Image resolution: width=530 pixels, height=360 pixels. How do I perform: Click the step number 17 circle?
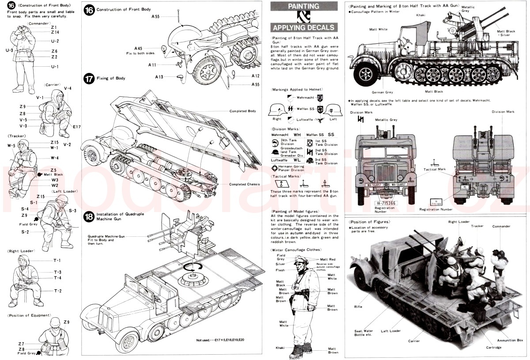(x=89, y=78)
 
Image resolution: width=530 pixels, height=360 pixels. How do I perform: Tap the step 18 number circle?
(x=89, y=216)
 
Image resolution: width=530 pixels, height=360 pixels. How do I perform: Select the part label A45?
(x=138, y=48)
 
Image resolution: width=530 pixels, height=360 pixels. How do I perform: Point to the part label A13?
(x=159, y=76)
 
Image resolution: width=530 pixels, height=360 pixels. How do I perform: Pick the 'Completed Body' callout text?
(x=242, y=111)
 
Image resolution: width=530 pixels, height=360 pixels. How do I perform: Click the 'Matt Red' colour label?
(x=328, y=259)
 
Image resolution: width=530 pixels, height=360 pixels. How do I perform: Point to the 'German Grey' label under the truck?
(x=382, y=92)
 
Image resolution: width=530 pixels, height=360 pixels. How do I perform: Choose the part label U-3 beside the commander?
(x=9, y=50)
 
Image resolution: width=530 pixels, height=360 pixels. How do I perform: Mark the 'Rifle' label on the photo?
(x=358, y=306)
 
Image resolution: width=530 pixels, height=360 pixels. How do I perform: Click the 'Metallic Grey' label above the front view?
(x=386, y=120)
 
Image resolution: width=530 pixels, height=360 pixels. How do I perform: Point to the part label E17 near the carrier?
(x=77, y=127)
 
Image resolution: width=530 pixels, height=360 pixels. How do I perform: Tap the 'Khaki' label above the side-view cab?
(x=420, y=15)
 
